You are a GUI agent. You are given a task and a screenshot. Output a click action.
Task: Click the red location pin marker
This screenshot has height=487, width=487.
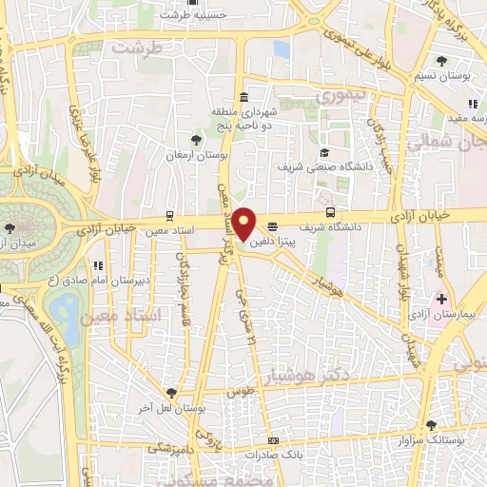244,224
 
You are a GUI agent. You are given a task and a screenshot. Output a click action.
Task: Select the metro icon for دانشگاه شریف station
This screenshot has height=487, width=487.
330,213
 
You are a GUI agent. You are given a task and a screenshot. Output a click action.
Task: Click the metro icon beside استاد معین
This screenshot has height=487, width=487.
169,216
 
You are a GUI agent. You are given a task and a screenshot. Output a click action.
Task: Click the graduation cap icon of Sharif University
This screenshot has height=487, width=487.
323,152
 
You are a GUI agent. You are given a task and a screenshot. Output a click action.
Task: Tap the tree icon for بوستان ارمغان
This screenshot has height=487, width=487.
197,140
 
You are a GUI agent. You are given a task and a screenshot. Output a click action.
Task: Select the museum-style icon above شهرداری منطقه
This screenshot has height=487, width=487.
245,97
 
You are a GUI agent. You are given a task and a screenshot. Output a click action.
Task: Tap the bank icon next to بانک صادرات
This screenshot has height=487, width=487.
274,440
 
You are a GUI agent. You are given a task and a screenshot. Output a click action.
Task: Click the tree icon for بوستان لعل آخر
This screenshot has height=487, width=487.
170,391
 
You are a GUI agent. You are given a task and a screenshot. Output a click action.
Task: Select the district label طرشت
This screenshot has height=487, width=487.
130,46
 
